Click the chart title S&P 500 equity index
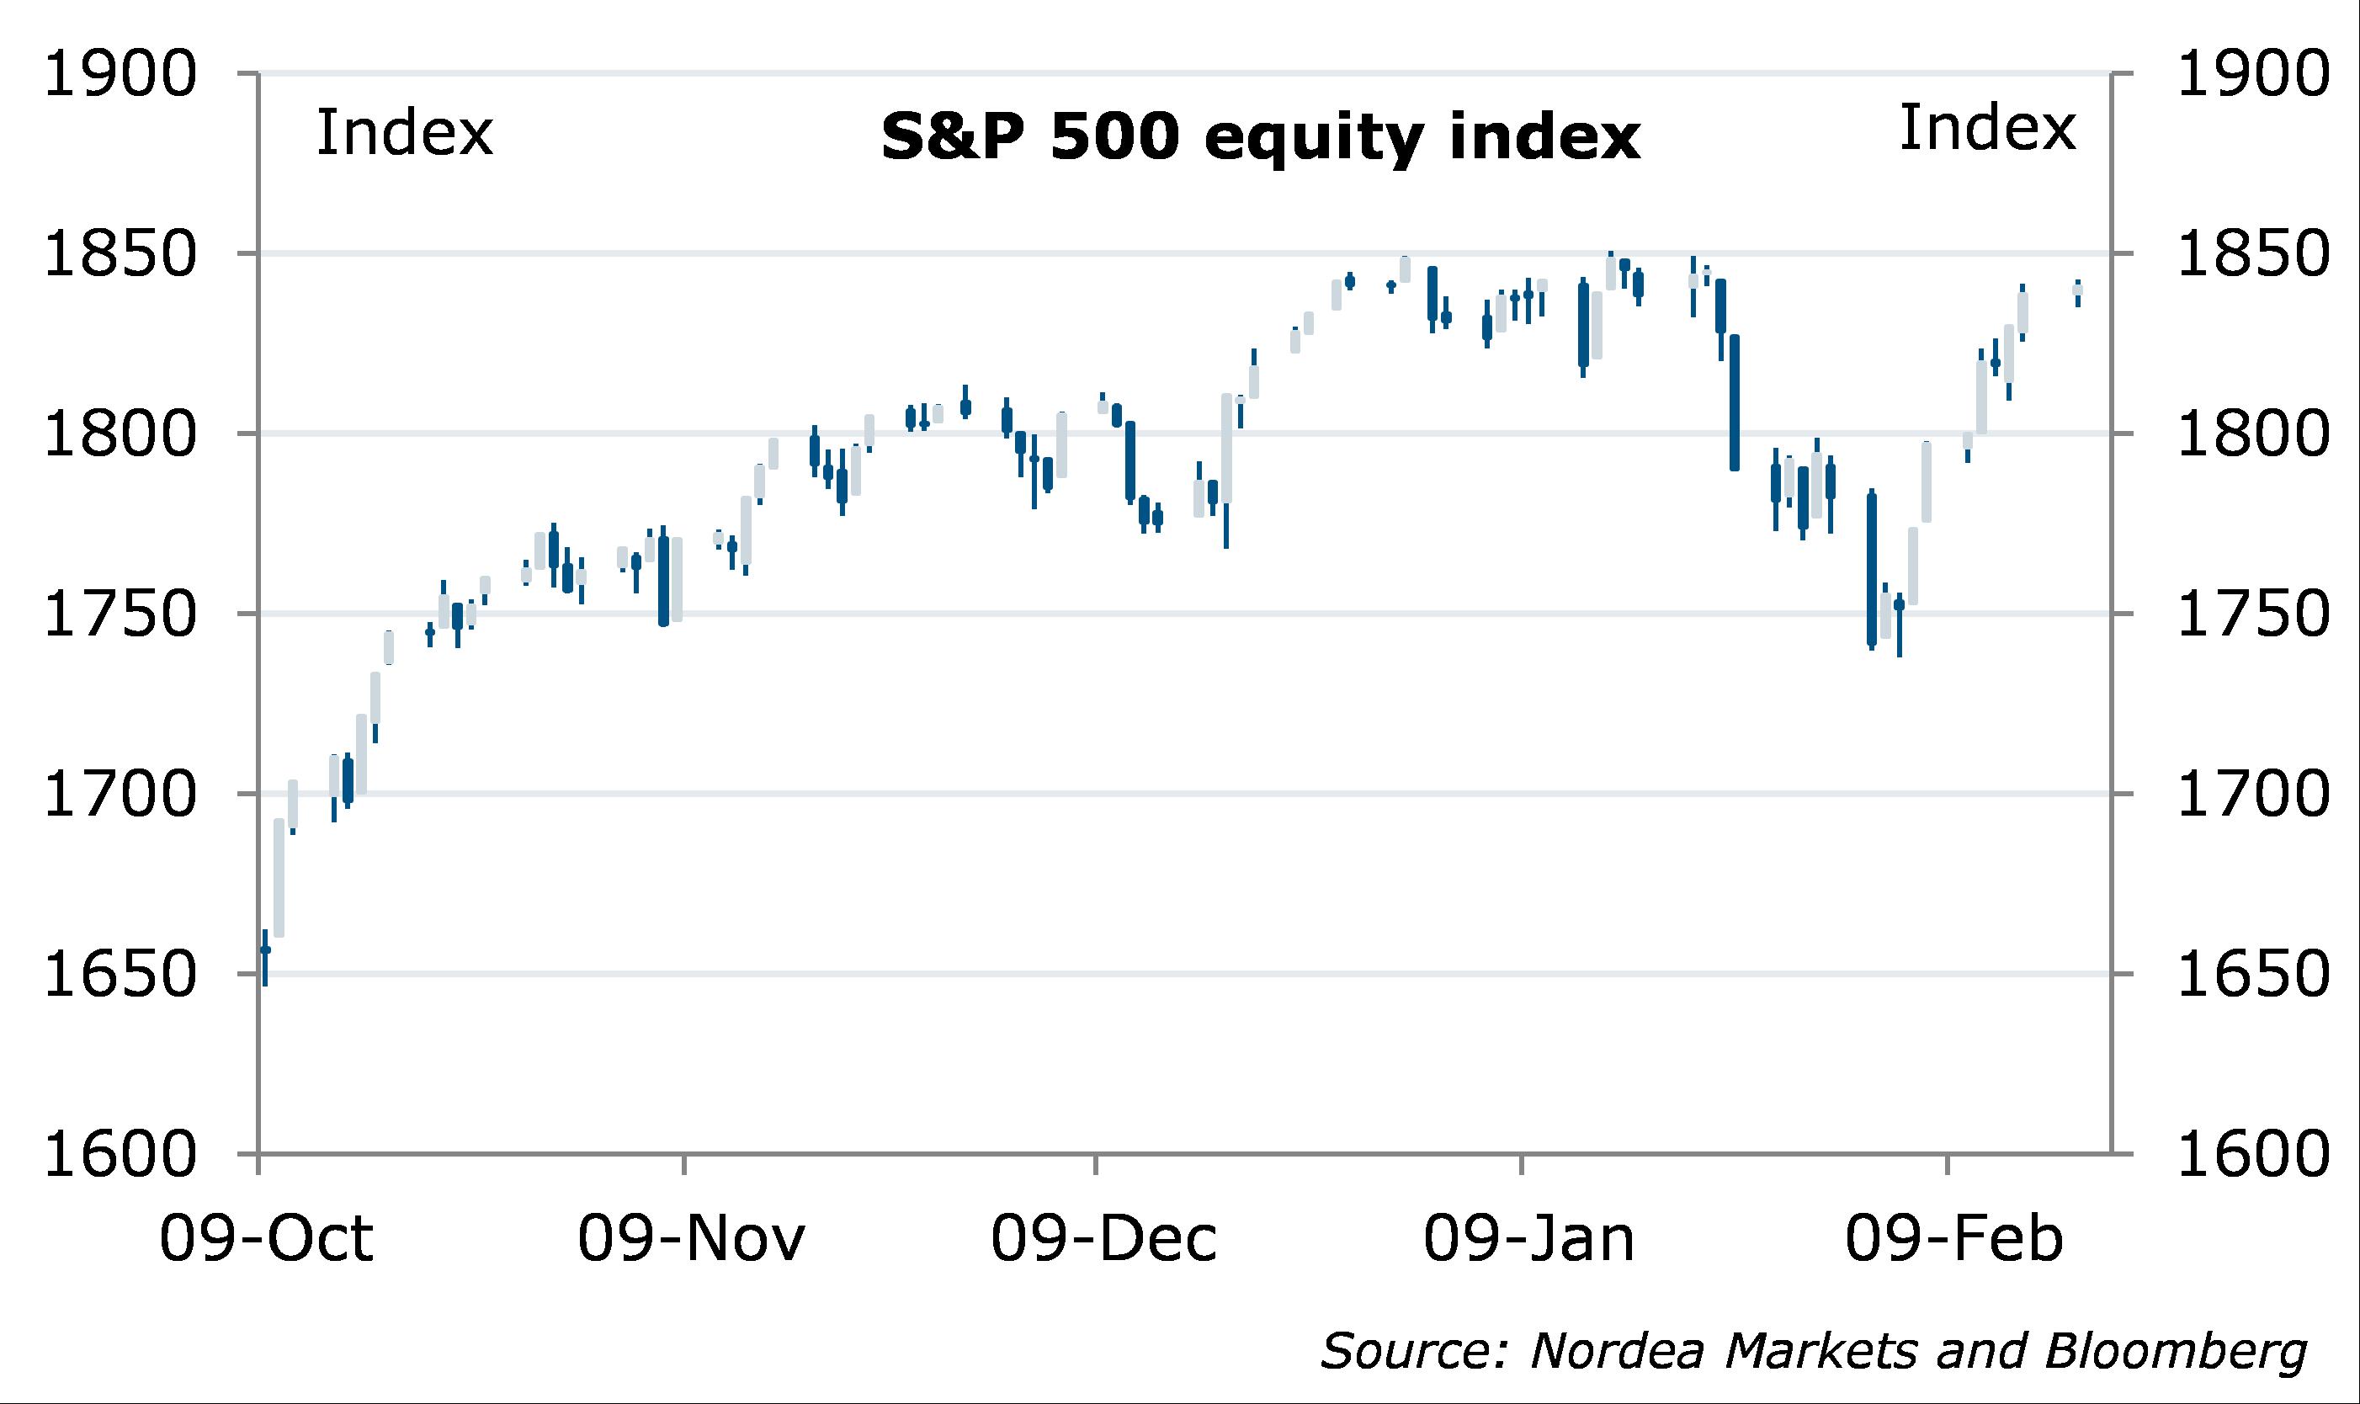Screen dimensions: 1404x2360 pyautogui.click(x=1260, y=138)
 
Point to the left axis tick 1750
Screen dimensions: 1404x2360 pyautogui.click(x=120, y=614)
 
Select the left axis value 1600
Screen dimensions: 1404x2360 pyautogui.click(x=120, y=1154)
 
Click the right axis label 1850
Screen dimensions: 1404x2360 pyautogui.click(x=2253, y=253)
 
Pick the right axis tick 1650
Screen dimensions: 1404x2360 pyautogui.click(x=2253, y=974)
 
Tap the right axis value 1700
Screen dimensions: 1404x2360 pyautogui.click(x=2253, y=794)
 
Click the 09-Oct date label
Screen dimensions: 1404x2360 pyautogui.click(x=266, y=1239)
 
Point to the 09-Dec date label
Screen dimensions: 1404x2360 pyautogui.click(x=1104, y=1239)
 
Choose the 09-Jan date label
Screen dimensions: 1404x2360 pyautogui.click(x=1528, y=1239)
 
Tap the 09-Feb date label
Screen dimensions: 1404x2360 pyautogui.click(x=1953, y=1239)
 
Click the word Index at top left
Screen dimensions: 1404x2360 pyautogui.click(x=404, y=132)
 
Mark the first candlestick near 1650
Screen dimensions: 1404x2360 pyautogui.click(x=266, y=955)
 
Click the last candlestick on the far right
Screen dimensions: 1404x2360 pyautogui.click(x=2078, y=292)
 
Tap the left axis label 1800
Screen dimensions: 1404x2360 pyautogui.click(x=120, y=434)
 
